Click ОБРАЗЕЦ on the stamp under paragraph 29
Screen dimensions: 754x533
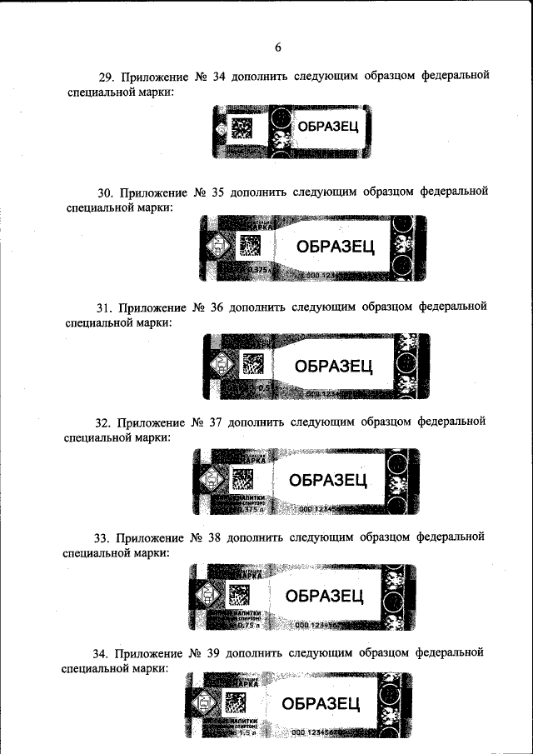328,128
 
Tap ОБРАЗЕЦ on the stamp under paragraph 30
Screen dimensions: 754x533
336,246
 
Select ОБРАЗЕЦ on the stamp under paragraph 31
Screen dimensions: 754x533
335,366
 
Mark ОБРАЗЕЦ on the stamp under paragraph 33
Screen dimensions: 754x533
325,596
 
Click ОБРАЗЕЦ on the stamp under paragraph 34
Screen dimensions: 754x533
321,704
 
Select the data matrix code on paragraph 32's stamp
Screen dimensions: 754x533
244,479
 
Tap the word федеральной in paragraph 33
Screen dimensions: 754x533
449,537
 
